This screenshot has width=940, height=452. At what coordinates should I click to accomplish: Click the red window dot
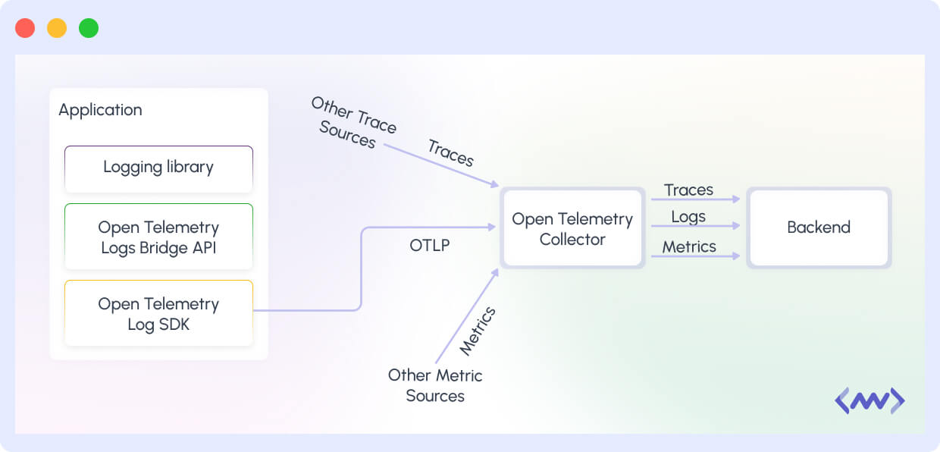tap(25, 28)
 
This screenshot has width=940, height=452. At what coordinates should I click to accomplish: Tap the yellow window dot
tap(57, 28)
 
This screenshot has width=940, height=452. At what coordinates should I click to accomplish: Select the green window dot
tap(89, 28)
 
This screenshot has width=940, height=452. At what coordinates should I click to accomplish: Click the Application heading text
tap(100, 110)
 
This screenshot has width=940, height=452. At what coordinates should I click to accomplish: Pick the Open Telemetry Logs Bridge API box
tap(158, 237)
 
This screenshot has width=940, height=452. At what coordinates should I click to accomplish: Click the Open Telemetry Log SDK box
tap(158, 313)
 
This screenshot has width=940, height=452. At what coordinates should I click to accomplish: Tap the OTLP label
tap(429, 246)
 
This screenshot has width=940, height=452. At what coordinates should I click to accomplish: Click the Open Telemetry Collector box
tap(572, 228)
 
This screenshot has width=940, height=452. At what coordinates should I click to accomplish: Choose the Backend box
tap(819, 228)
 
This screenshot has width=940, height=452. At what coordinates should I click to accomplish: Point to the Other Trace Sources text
tap(352, 122)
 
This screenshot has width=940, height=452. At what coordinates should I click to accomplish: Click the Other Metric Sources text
tap(435, 385)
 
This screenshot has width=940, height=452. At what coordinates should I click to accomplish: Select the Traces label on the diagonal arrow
tap(451, 153)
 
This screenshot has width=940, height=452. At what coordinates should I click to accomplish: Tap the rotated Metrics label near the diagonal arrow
tap(478, 331)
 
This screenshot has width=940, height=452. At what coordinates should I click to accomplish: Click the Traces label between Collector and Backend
tap(688, 190)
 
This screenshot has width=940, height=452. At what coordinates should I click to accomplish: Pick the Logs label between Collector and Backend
tap(688, 217)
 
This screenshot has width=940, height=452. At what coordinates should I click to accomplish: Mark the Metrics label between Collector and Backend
tap(689, 246)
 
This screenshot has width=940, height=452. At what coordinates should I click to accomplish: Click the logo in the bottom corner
tap(869, 401)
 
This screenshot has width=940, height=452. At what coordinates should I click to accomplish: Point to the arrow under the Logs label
tap(695, 226)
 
